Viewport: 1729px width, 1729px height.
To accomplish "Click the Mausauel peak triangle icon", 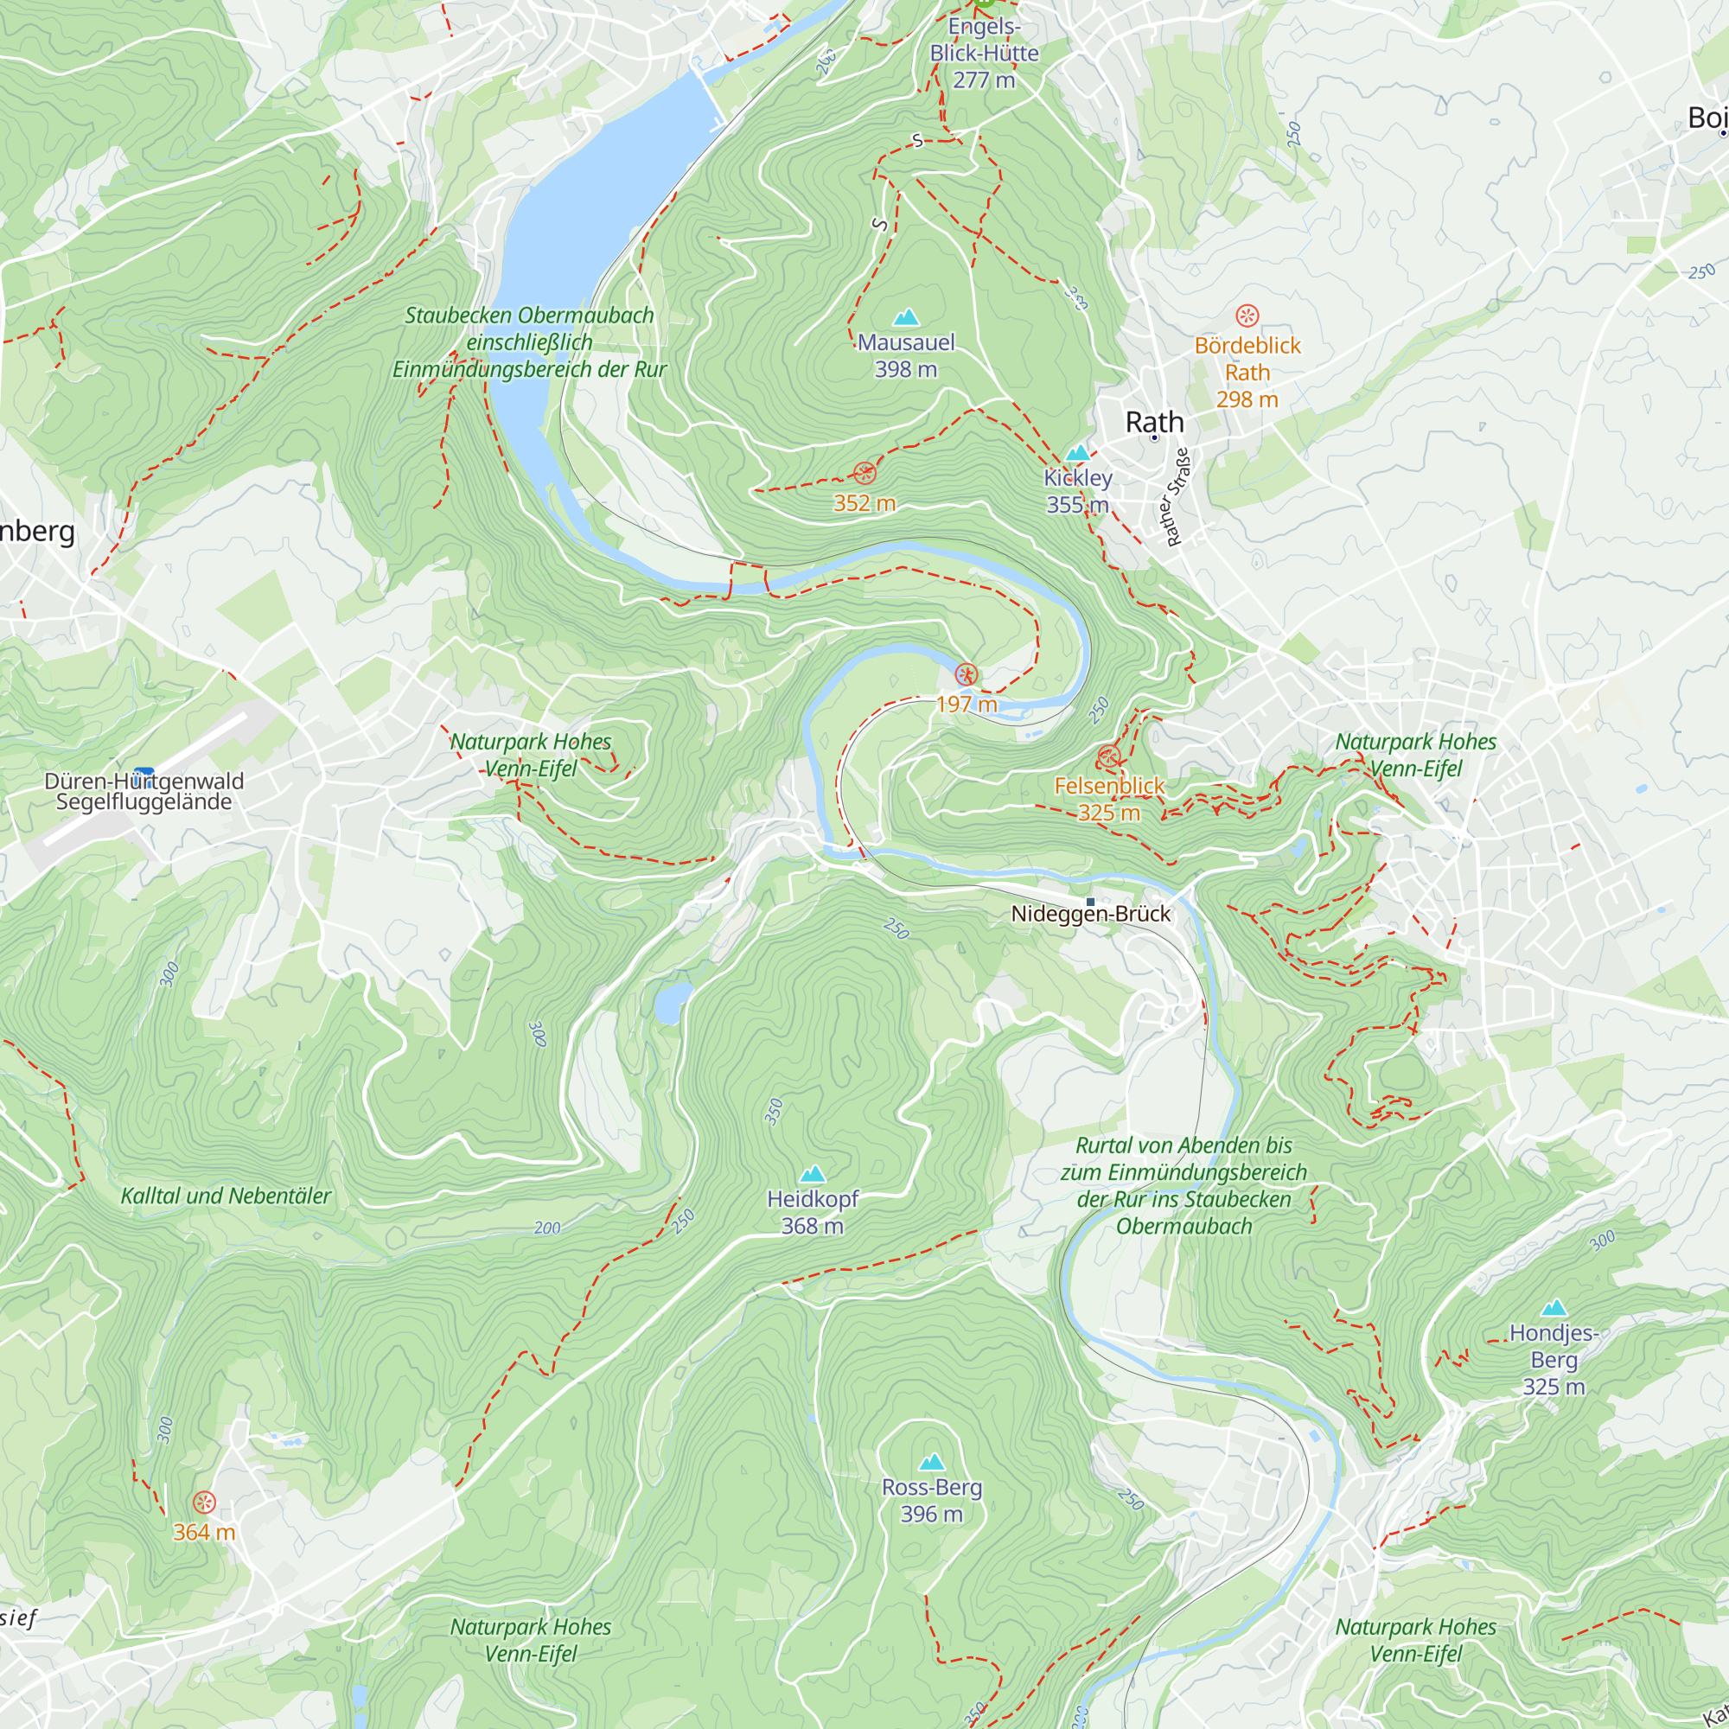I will click(906, 316).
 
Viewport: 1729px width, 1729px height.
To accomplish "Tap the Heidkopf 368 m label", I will click(812, 1212).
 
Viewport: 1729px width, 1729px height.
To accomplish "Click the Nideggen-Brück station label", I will click(1090, 914).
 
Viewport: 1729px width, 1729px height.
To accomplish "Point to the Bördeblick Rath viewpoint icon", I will click(1247, 315).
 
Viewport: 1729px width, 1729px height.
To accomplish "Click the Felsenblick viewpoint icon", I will click(1108, 757).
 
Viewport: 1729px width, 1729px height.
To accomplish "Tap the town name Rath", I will click(1153, 422).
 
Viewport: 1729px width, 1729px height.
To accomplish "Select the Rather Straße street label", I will click(1177, 498).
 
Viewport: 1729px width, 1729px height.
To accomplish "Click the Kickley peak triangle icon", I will click(1077, 452).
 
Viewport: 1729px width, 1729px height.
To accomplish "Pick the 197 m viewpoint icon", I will click(966, 675).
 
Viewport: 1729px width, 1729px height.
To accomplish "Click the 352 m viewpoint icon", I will click(864, 474).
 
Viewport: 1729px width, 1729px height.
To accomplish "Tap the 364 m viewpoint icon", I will click(204, 1503).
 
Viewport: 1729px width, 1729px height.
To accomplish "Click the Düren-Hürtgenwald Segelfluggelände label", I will click(144, 791).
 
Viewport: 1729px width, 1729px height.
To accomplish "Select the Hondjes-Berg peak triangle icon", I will click(1554, 1307).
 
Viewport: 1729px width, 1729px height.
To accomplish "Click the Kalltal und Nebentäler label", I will click(226, 1196).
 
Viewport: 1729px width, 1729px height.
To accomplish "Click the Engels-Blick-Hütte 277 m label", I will click(984, 53).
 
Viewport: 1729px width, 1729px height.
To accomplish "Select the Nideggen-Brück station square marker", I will click(1090, 901).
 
